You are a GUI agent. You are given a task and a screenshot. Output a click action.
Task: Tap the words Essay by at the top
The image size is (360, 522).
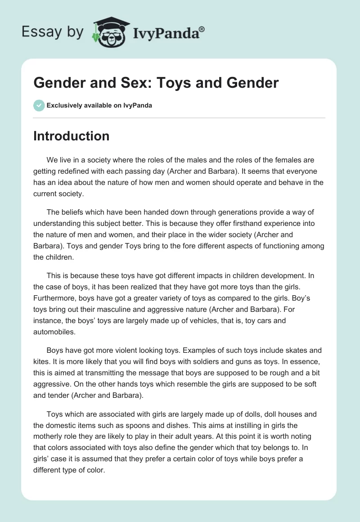coord(52,32)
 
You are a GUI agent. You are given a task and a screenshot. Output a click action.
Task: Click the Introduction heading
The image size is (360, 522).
coord(71,136)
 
